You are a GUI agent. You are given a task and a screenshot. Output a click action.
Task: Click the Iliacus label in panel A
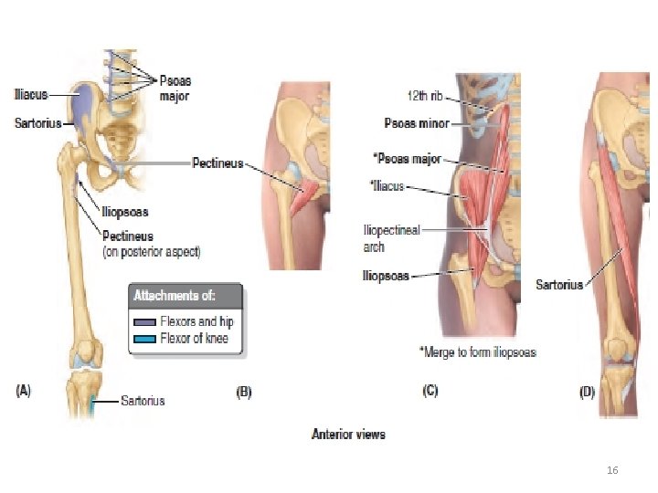(32, 92)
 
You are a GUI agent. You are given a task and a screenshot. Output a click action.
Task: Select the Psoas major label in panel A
(175, 87)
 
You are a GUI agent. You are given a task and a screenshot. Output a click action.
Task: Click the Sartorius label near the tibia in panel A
(143, 400)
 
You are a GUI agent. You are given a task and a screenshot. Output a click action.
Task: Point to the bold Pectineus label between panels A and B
(218, 163)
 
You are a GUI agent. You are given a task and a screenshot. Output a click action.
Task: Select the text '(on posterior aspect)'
(151, 250)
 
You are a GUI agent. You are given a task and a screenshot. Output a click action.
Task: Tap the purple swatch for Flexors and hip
(144, 321)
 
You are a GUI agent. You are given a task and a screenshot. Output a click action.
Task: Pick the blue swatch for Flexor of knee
(144, 338)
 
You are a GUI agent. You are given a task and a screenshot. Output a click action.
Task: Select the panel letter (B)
(244, 393)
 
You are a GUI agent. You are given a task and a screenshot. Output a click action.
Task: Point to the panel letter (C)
(430, 391)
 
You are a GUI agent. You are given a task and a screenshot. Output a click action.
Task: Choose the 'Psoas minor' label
(415, 123)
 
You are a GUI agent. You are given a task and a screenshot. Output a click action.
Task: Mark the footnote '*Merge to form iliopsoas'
(477, 351)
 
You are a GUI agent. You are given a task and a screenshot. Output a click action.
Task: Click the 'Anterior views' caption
(348, 434)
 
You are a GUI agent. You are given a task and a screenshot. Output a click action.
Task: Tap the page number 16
(612, 469)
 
